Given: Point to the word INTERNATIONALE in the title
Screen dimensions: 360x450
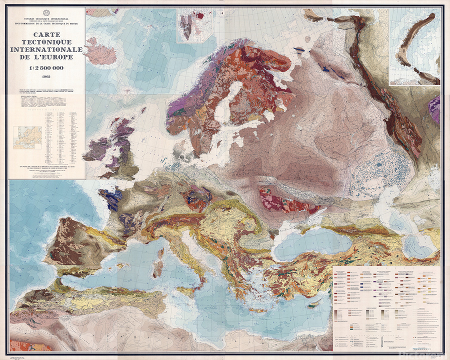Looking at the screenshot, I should [x=47, y=50].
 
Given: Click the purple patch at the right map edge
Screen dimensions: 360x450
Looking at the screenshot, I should [x=434, y=109].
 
